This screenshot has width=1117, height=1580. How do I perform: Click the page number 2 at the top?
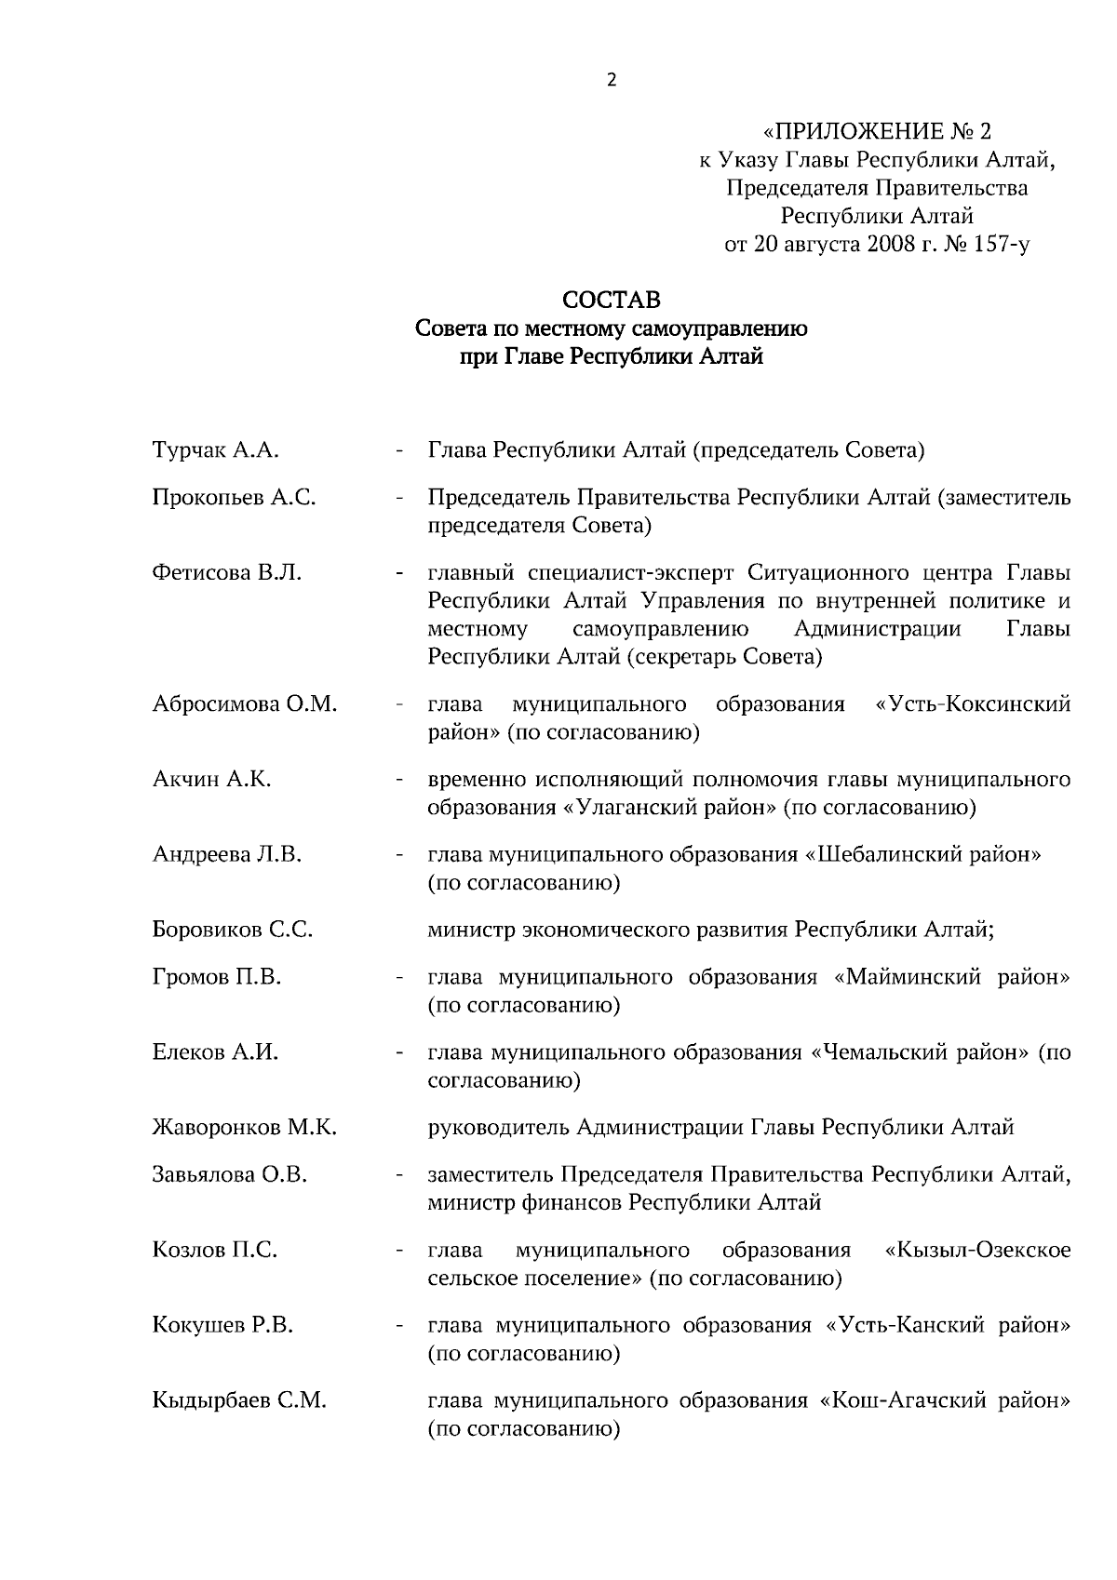[x=612, y=80]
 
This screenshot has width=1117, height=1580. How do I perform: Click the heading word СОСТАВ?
[x=612, y=301]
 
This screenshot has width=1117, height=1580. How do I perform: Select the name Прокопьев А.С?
[x=234, y=498]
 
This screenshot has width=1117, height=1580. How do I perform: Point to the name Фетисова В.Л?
[x=226, y=573]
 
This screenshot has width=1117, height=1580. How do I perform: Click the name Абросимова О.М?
[x=244, y=704]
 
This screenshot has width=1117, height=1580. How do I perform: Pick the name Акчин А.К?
[x=211, y=780]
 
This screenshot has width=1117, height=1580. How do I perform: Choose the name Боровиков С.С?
[x=232, y=930]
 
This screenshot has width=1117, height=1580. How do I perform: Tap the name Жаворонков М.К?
[x=244, y=1128]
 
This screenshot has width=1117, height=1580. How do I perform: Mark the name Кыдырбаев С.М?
[x=238, y=1400]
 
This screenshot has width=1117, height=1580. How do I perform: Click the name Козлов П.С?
[x=214, y=1250]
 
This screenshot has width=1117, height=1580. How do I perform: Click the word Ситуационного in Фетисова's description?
[x=823, y=573]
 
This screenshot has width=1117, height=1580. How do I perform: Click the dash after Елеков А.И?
[x=398, y=1053]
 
